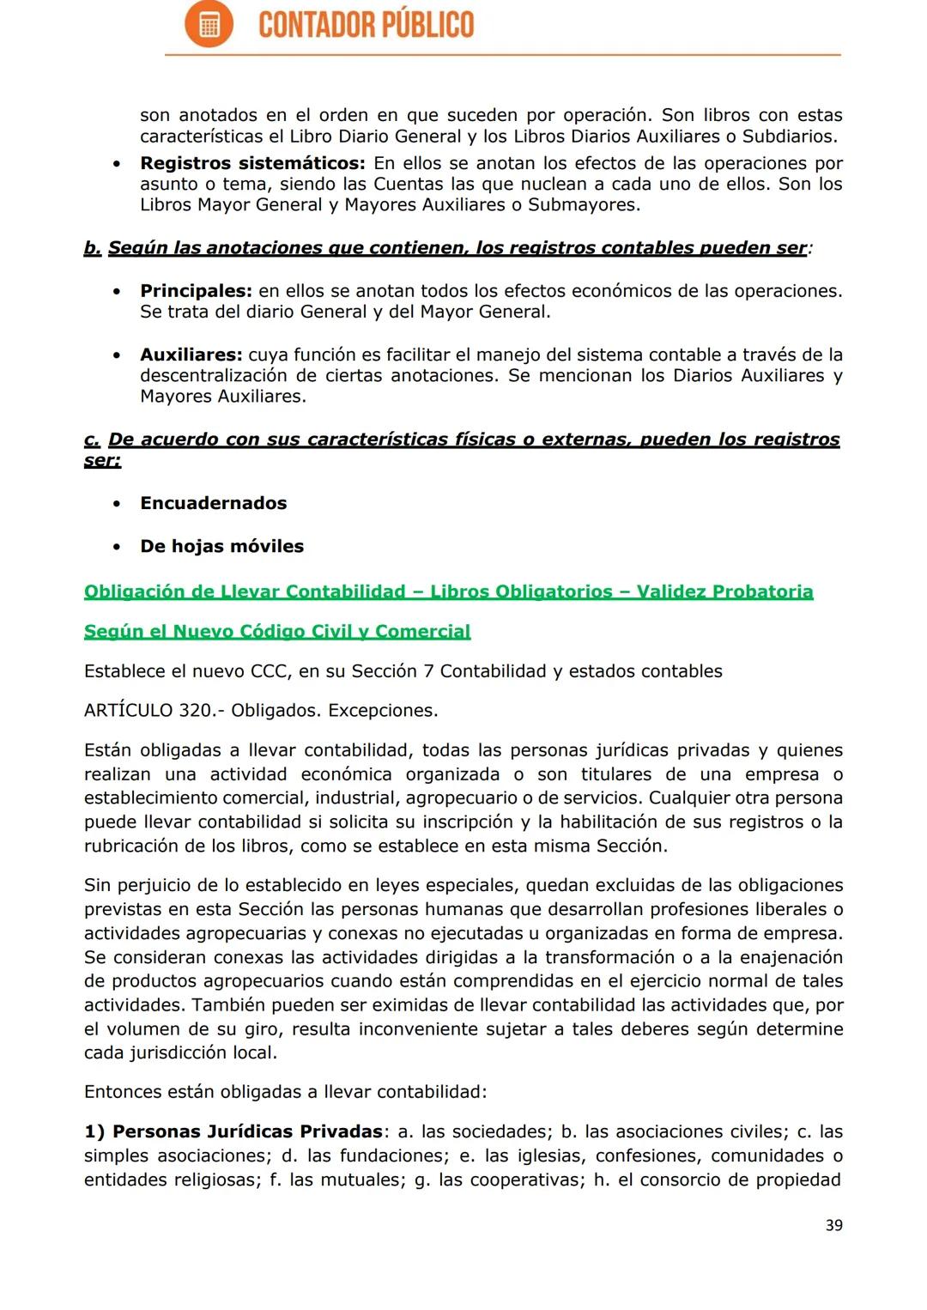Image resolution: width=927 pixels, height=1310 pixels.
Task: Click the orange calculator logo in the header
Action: [x=209, y=24]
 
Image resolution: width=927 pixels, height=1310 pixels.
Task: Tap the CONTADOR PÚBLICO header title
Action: [x=366, y=25]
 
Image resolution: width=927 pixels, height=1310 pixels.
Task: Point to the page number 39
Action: [x=833, y=1226]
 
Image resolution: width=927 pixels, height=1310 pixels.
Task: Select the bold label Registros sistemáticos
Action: [x=252, y=163]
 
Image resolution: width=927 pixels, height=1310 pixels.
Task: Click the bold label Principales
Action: [x=196, y=291]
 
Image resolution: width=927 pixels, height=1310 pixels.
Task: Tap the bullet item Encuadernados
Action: [x=213, y=503]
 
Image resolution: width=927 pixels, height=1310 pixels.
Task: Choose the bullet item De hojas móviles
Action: [x=221, y=546]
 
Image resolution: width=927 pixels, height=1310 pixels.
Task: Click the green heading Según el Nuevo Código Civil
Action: [x=276, y=632]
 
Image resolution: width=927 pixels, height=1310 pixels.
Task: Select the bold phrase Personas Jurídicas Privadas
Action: [x=247, y=1131]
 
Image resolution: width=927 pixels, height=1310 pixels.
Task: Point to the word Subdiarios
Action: [x=789, y=136]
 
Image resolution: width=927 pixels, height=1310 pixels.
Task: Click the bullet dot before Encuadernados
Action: [x=116, y=503]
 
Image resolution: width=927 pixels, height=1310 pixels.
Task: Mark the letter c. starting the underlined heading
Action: [x=92, y=440]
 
